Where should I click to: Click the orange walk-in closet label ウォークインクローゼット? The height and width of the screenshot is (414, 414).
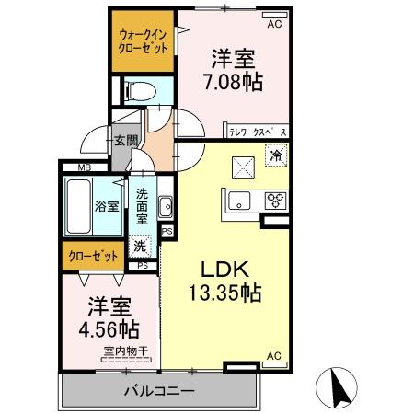point(143,41)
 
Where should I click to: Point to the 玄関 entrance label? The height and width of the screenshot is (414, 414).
point(126,141)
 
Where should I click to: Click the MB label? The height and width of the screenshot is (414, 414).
point(85,167)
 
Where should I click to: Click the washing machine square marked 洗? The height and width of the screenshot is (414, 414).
point(140,246)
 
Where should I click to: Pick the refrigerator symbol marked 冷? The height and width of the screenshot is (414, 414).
point(274,157)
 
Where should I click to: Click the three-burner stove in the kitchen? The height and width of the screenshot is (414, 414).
point(276,198)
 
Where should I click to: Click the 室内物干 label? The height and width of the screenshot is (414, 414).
point(120,350)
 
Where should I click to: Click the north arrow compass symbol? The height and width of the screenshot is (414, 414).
point(337,384)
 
